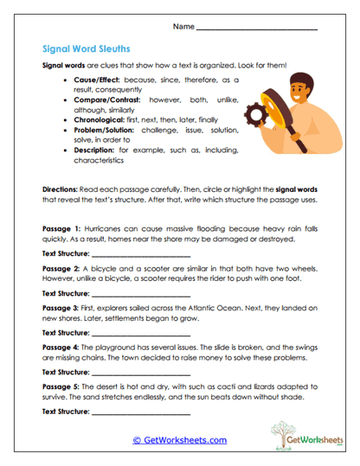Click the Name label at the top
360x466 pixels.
point(183,28)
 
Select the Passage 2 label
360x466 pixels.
point(59,269)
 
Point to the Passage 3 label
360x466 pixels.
point(59,308)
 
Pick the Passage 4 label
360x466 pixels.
point(59,347)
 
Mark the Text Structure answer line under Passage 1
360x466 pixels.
point(140,256)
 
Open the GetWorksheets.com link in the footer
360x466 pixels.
point(179,440)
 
